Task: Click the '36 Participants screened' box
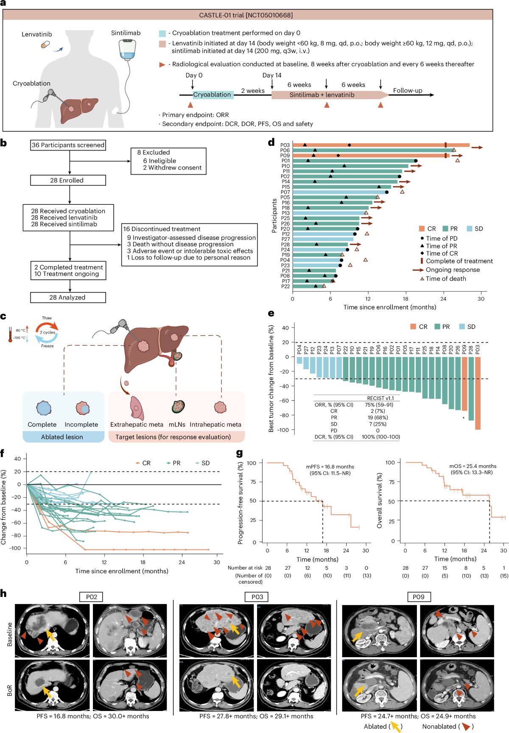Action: click(x=68, y=145)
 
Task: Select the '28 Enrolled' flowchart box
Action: click(x=68, y=180)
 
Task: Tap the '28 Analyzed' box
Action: click(x=68, y=297)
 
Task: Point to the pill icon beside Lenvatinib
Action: click(x=45, y=44)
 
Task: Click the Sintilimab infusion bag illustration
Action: click(x=127, y=50)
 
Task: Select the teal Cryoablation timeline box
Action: click(x=213, y=95)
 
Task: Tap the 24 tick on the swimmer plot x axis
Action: click(x=443, y=299)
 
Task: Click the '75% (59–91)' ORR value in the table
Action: click(x=379, y=404)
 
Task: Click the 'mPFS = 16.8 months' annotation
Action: click(x=330, y=466)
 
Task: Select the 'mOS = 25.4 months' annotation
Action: click(x=473, y=466)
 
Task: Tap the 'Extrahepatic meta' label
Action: click(x=137, y=424)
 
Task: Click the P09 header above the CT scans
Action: click(x=418, y=597)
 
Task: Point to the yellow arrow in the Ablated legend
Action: click(x=395, y=727)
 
